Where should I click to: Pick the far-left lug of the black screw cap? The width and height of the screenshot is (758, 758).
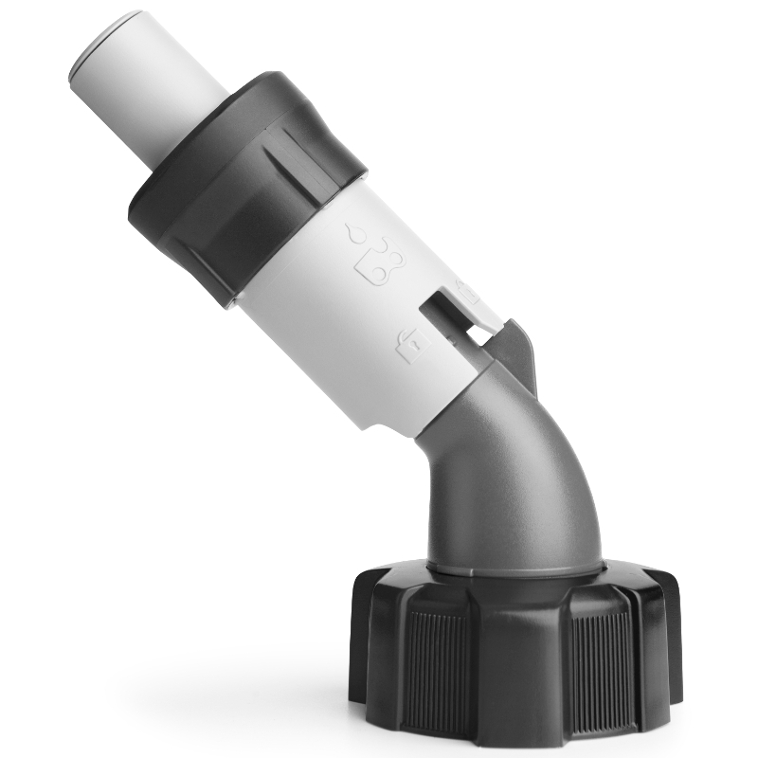[x=365, y=644]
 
